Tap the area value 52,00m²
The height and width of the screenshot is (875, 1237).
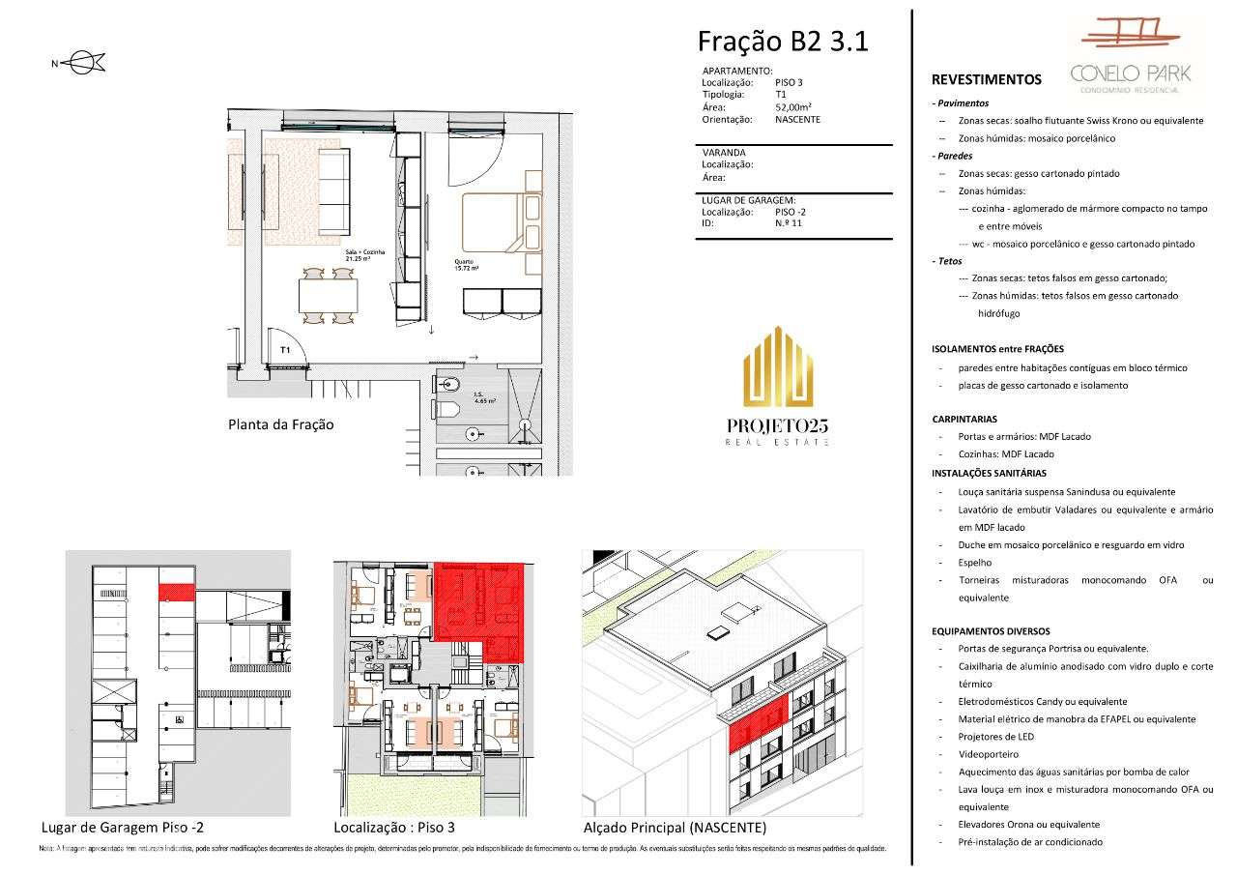pos(792,107)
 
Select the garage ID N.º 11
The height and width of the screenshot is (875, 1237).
pos(788,223)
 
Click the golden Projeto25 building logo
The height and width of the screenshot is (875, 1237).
pos(778,367)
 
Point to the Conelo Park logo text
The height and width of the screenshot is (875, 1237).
pos(1130,73)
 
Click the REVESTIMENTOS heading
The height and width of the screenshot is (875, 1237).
pos(986,80)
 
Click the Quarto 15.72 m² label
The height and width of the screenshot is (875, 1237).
pos(469,264)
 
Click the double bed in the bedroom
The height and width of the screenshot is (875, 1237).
pos(501,222)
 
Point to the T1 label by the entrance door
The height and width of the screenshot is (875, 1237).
pos(286,350)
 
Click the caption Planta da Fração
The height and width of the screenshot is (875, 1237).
pos(280,423)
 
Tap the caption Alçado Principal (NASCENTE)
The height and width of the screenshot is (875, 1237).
pos(674,828)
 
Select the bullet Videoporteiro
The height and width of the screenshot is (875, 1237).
pos(988,754)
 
